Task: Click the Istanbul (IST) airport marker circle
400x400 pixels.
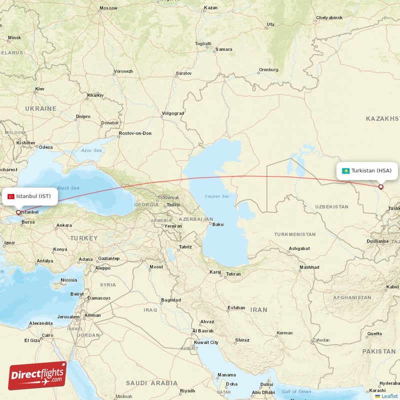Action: pos(19,212)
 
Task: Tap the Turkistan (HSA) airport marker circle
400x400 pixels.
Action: pos(381,187)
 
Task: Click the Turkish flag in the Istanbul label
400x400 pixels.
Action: pos(11,196)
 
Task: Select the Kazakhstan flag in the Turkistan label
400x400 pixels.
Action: pos(345,171)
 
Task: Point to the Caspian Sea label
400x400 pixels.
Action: pos(216,196)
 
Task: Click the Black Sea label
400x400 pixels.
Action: pos(67,188)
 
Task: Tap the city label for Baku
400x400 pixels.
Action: pos(218,224)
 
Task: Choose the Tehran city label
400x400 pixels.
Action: pos(233,274)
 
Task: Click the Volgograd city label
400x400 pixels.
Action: pos(173,113)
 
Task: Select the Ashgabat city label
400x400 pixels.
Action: pos(299,248)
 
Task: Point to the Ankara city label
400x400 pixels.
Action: pos(63,225)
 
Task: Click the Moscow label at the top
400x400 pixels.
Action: pos(108,8)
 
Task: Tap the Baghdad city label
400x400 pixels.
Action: pos(170,300)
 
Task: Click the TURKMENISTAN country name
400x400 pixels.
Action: pos(294,234)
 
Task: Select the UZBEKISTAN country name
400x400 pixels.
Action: pos(331,206)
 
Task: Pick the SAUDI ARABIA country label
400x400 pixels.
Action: pos(152,383)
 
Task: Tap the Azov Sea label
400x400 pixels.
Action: pos(91,150)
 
